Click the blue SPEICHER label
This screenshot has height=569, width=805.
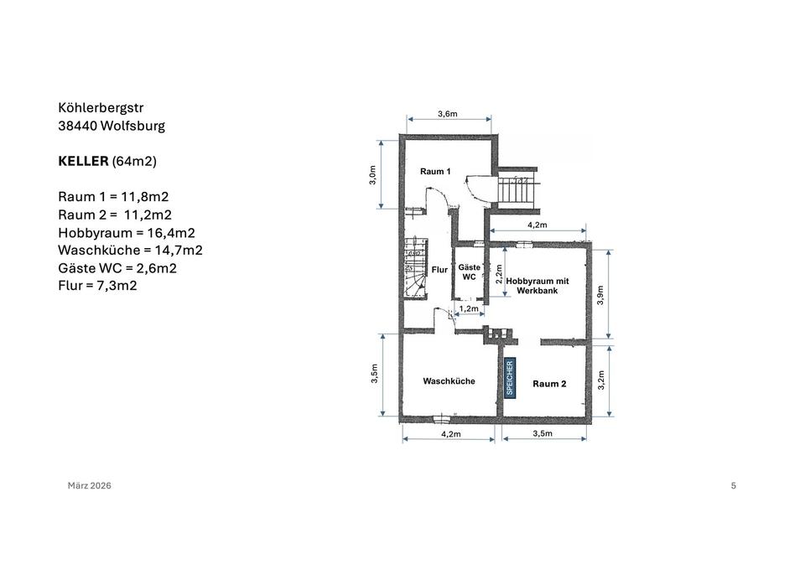[509, 378]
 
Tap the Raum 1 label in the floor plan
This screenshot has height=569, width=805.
[435, 171]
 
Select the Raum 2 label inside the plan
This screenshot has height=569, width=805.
[549, 384]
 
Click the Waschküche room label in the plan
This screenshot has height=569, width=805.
[449, 381]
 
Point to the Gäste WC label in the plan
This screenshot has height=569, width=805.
[470, 272]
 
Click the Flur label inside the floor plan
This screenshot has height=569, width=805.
[439, 269]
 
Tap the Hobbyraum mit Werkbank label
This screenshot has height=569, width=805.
[538, 286]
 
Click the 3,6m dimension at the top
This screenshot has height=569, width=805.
[448, 114]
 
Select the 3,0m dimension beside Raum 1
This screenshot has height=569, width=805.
[373, 175]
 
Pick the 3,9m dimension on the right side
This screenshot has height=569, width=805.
[600, 295]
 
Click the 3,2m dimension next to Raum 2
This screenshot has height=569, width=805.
[601, 380]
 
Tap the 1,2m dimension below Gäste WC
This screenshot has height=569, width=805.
[469, 309]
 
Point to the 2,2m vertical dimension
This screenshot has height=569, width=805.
[498, 273]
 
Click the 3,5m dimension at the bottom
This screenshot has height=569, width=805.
[543, 433]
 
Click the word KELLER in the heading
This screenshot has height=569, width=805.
[83, 161]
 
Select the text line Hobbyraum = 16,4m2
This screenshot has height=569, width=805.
[127, 233]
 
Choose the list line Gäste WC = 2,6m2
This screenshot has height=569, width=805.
[117, 268]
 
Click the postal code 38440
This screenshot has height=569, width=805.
[77, 126]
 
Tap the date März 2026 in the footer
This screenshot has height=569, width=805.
[90, 485]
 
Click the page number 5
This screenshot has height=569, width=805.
[734, 485]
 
